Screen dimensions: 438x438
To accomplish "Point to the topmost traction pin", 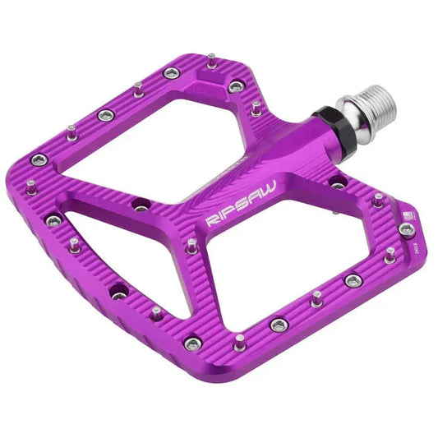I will tap(211, 59).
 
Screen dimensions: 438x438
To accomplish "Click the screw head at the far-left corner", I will tap(38, 159).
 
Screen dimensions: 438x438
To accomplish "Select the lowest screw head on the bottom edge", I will tap(192, 343).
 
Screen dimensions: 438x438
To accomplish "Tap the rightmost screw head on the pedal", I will tap(407, 229).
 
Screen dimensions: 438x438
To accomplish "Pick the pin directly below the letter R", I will tap(192, 246).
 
